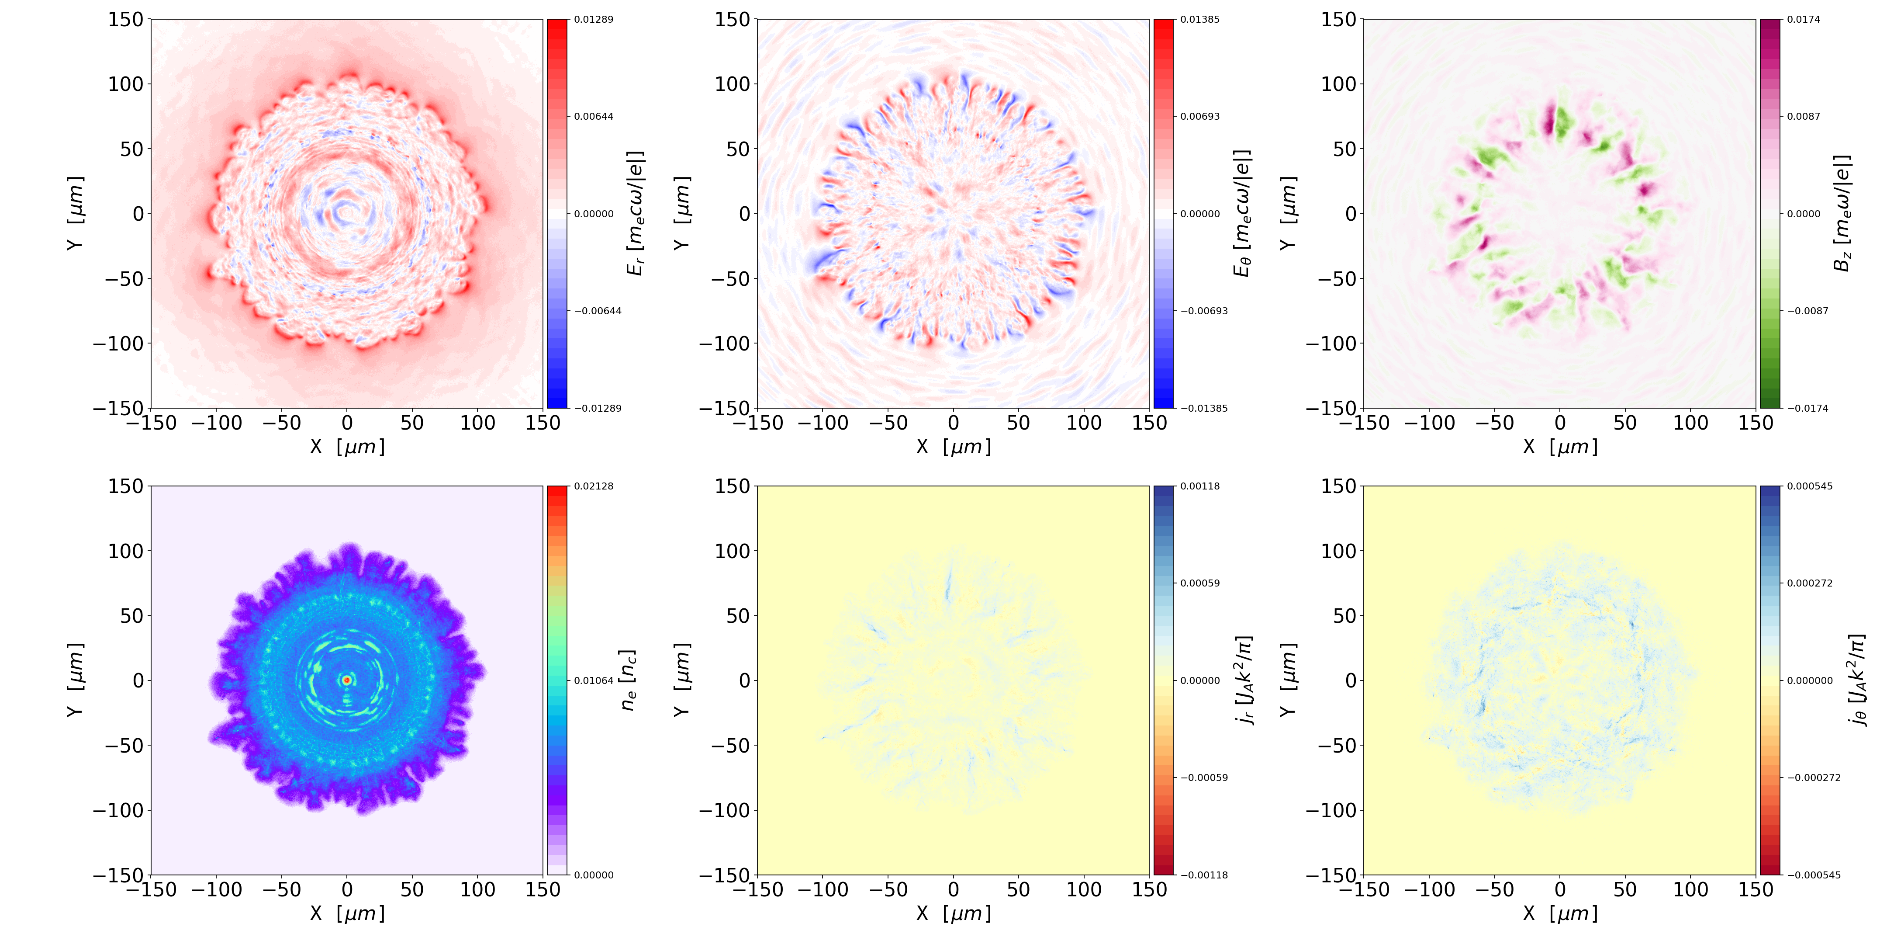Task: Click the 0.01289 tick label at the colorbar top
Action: tap(593, 20)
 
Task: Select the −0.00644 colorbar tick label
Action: tap(598, 311)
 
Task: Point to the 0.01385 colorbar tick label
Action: tap(1200, 20)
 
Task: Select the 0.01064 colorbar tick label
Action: tap(593, 680)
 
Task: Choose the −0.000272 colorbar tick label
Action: tap(1814, 777)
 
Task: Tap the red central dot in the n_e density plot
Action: tap(347, 680)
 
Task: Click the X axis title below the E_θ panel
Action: tap(953, 446)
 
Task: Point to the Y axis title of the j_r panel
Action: tap(681, 680)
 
